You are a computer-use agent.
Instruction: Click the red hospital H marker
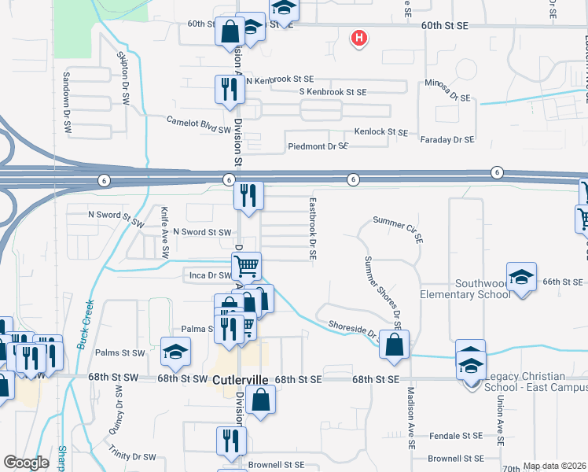359,37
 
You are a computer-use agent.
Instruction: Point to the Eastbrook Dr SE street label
312,230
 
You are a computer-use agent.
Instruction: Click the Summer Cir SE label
399,228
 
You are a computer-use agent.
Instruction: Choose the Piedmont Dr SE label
318,146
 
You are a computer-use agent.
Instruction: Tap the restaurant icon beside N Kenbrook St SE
230,90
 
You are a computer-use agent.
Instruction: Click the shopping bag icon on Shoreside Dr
394,344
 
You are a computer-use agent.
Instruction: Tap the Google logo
27,463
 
